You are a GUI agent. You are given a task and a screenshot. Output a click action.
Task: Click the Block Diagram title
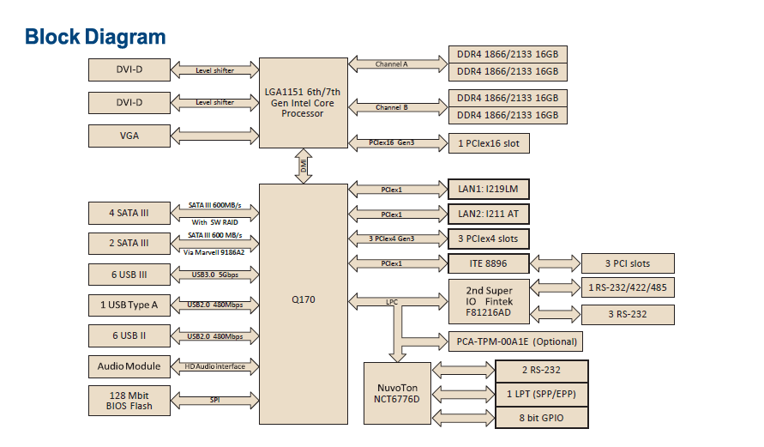coord(95,37)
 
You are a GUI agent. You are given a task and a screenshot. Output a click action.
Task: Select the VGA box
coord(129,136)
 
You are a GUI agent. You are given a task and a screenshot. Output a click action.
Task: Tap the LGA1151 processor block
coord(304,103)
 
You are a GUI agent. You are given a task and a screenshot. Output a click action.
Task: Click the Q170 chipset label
coord(304,301)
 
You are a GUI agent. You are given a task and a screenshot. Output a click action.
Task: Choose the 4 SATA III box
coord(129,213)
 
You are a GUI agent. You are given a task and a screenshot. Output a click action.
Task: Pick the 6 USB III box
coord(129,275)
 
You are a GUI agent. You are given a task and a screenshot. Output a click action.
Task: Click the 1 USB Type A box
coord(129,305)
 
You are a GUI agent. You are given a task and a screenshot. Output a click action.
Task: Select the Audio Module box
coord(129,366)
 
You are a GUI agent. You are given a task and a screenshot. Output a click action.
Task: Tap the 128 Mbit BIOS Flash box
coord(129,400)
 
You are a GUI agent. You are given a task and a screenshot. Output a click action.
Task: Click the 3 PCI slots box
coord(628,263)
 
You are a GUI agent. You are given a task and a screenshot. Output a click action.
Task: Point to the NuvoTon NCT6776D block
coord(397,393)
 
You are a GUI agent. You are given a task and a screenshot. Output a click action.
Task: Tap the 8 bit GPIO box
coord(542,418)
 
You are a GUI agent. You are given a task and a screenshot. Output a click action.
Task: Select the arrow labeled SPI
coord(214,400)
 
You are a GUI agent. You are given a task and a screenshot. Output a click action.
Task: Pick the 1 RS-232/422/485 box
coord(628,287)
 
